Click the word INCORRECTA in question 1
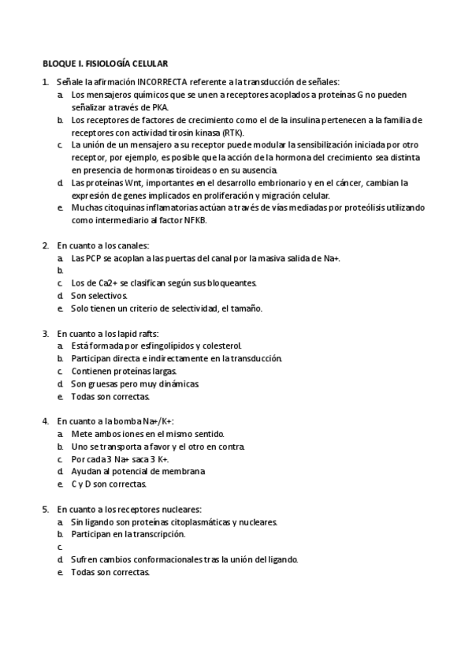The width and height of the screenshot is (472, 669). (x=162, y=82)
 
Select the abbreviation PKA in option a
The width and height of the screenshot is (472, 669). (x=169, y=107)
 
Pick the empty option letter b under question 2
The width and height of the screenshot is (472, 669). (x=60, y=271)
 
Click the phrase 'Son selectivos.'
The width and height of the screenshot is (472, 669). (x=98, y=295)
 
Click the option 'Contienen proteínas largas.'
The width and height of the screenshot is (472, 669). (x=124, y=371)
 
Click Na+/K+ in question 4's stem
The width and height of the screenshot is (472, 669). (x=158, y=421)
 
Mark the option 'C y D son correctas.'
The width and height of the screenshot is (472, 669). (x=109, y=484)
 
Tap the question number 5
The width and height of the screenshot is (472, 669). (x=46, y=509)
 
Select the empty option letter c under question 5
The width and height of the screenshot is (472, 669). (x=60, y=547)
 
